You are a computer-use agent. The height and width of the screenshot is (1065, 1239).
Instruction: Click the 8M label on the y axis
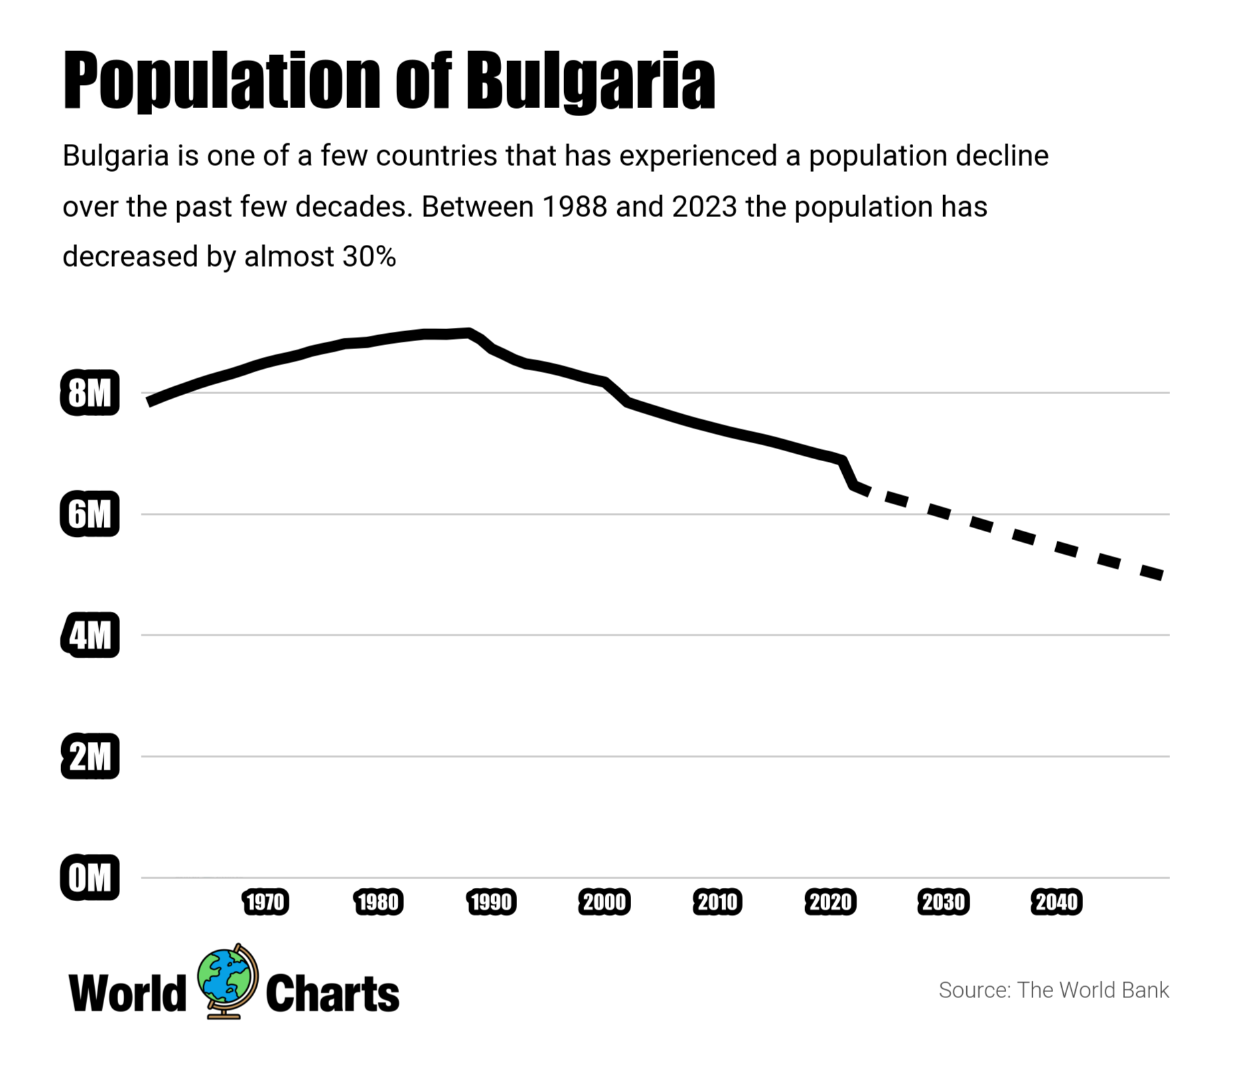[90, 393]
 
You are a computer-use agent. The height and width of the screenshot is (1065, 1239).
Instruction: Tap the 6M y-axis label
[90, 514]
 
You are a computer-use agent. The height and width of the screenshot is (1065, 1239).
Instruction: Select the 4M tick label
[90, 635]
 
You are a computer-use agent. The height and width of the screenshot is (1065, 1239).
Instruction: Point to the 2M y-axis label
[90, 756]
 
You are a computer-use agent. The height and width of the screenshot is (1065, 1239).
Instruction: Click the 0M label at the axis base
[90, 877]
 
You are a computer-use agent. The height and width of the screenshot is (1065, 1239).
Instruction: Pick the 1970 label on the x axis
[265, 902]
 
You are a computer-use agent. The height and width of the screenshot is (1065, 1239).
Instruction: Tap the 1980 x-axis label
[378, 902]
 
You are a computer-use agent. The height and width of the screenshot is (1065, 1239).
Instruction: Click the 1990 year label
[491, 902]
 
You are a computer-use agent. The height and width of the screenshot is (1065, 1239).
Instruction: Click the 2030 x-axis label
[944, 902]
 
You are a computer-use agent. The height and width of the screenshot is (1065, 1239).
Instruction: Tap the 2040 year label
[1057, 902]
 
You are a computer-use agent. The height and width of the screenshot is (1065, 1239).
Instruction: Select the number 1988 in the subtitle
[574, 206]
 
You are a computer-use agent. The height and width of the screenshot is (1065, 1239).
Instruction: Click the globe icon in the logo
[228, 981]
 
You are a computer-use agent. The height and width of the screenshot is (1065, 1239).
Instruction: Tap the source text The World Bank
[1093, 990]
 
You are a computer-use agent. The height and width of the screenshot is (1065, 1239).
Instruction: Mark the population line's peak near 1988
[469, 332]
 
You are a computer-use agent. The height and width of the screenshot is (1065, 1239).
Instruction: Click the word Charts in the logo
[332, 993]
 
